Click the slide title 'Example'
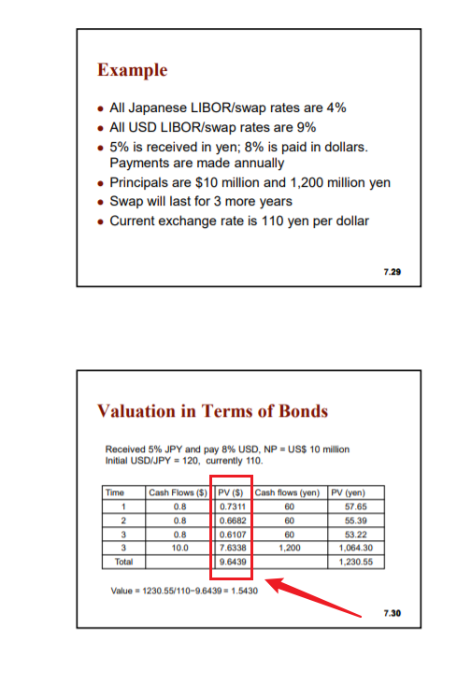pos(133,70)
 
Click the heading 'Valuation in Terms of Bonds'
pos(212,411)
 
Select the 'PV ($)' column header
pos(231,492)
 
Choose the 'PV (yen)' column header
pos(358,492)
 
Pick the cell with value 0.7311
pos(232,506)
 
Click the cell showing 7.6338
pos(232,549)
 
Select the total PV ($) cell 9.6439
pos(232,563)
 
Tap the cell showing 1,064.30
pos(358,549)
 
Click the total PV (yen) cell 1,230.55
pos(358,563)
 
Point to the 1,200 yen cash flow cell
pos(290,549)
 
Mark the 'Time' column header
pos(115,492)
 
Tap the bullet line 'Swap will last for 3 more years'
pos(201,202)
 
